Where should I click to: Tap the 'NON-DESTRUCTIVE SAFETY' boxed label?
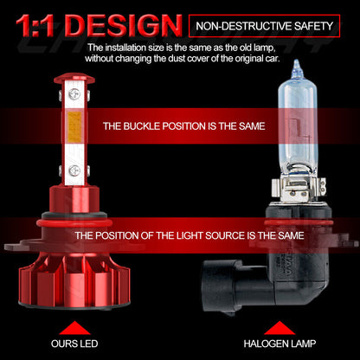coord(270,25)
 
